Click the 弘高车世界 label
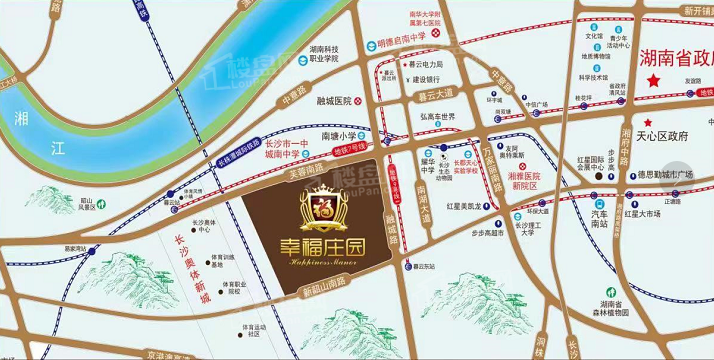click(437, 116)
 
